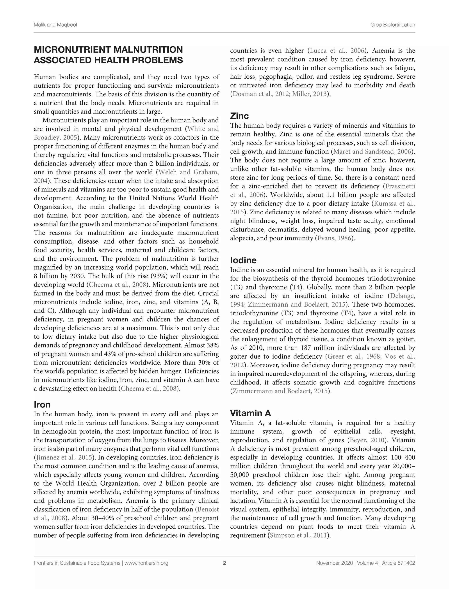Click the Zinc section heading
[x=239, y=116]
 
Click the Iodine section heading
[x=243, y=260]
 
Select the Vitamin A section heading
[x=250, y=413]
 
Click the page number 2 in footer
[x=224, y=563]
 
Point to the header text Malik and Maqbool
[x=55, y=25]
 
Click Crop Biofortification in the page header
[x=392, y=25]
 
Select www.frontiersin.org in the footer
[x=146, y=563]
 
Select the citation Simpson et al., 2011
[x=299, y=535]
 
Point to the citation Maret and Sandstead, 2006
[x=372, y=152]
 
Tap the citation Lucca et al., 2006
[x=337, y=51]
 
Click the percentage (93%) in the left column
[x=159, y=276]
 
